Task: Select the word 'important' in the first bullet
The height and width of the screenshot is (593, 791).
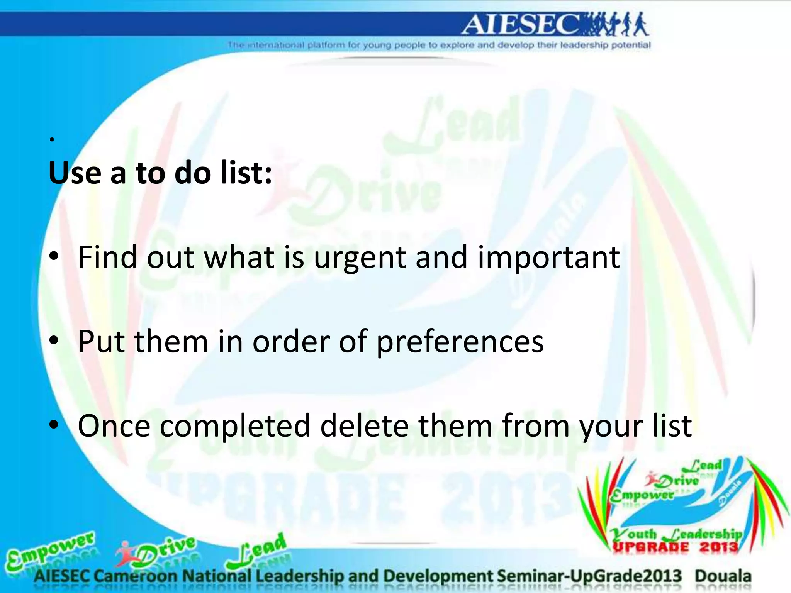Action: [x=548, y=258]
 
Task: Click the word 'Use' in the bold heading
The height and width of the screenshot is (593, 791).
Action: [x=75, y=173]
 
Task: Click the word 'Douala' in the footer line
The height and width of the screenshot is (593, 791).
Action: [x=723, y=576]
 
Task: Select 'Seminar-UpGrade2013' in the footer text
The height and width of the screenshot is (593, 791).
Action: [x=589, y=576]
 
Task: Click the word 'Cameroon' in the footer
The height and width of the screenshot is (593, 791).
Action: [x=136, y=576]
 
